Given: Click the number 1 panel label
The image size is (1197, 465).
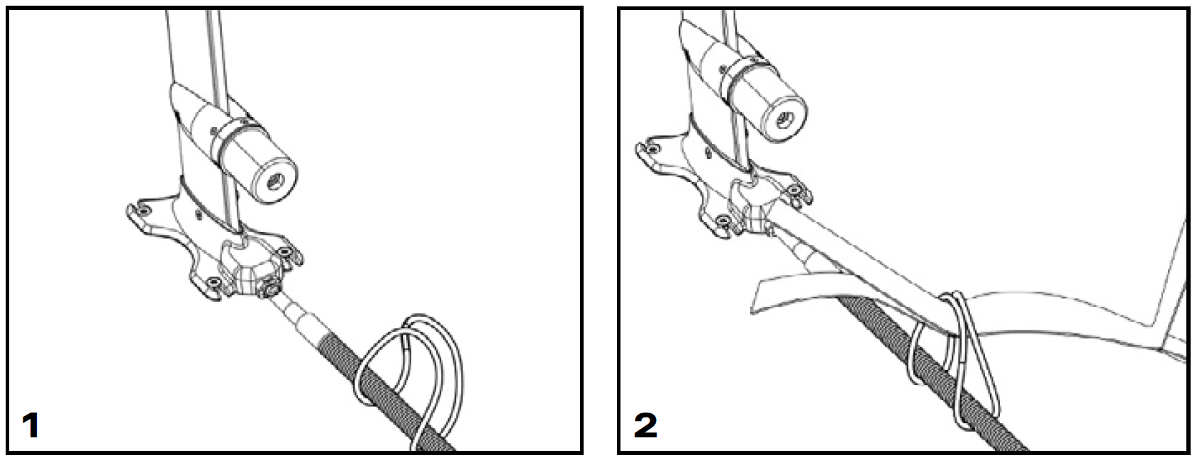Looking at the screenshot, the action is click(x=30, y=425).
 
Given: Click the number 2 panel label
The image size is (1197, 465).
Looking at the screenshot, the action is click(x=645, y=425).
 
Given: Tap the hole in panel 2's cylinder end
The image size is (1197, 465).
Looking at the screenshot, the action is click(x=785, y=120).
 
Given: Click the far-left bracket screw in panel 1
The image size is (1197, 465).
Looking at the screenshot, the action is click(x=142, y=208).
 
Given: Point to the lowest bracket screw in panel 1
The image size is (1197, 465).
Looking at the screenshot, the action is click(x=215, y=282).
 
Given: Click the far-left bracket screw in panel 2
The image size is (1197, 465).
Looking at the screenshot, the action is click(x=651, y=147).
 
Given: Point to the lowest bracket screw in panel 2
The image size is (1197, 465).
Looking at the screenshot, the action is click(x=723, y=220).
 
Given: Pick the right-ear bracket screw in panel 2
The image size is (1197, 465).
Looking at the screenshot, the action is click(x=794, y=189).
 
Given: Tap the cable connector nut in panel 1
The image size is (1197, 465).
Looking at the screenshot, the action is click(x=268, y=289).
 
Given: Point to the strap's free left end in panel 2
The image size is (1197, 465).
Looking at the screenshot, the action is click(x=755, y=296).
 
